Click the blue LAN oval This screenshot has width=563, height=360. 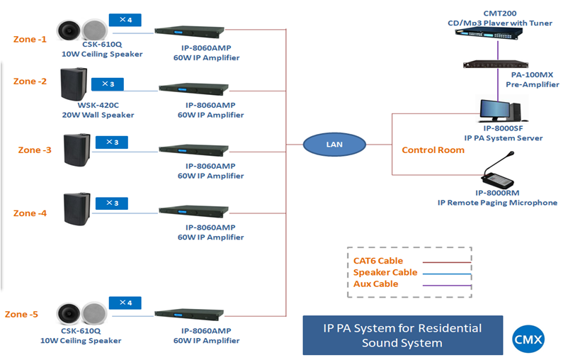click(334, 145)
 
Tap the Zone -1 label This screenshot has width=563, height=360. click(30, 39)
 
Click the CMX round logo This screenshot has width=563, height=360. click(528, 339)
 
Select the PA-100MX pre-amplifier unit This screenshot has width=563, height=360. click(501, 65)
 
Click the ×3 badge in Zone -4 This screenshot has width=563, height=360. click(111, 203)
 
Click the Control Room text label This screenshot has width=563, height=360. click(433, 150)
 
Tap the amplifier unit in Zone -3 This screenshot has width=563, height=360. click(194, 149)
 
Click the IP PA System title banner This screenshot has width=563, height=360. click(402, 335)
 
